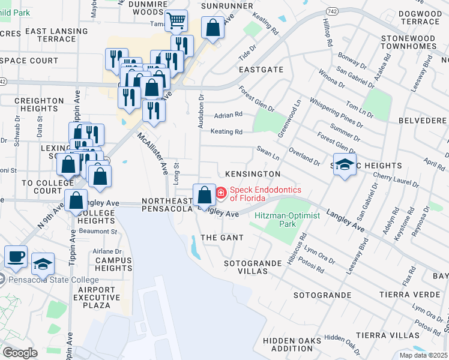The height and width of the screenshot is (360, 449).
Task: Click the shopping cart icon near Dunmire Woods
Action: point(176,22)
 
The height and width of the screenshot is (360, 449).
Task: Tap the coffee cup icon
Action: point(16,256)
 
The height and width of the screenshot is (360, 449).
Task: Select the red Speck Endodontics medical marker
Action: point(221,193)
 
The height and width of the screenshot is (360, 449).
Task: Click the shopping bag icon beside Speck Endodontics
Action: point(204,195)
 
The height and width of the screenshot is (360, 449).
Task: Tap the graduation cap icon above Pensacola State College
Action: point(43,263)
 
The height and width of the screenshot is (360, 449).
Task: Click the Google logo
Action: point(20,353)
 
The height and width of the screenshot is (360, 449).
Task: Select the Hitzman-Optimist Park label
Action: point(276,220)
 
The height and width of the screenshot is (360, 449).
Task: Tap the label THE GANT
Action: point(221,238)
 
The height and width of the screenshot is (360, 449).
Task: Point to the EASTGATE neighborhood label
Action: point(261,70)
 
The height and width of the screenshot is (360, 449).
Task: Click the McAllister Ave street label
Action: point(154,154)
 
